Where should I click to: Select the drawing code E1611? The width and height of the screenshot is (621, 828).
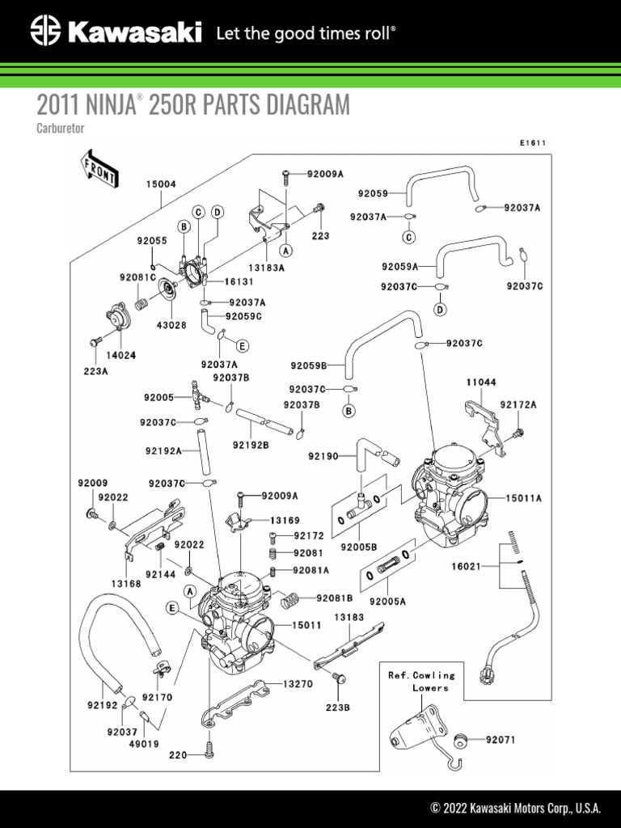coord(533,143)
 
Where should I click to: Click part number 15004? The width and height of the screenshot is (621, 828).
coord(161,184)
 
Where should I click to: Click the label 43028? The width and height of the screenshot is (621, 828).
coord(171,325)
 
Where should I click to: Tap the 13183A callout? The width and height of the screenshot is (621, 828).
coord(266,268)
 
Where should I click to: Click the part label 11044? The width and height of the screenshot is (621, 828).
coord(480,381)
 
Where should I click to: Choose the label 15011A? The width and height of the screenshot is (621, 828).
coord(525,499)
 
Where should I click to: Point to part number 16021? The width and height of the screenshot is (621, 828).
coord(467,568)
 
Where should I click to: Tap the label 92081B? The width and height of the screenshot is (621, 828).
coord(335,598)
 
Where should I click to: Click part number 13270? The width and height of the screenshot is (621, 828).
coord(298,683)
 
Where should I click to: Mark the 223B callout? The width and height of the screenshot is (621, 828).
coord(338,707)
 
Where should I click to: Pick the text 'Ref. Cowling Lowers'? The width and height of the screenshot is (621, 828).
coord(421,681)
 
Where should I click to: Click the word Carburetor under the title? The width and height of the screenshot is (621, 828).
coord(61,129)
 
